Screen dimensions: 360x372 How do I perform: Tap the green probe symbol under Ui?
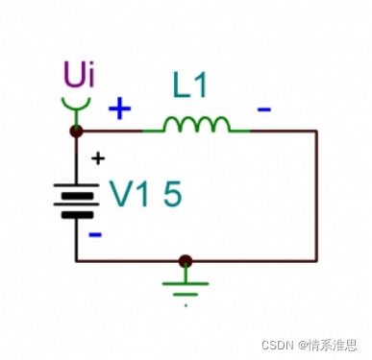coord(77,103)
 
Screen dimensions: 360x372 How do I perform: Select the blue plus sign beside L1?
coord(119,108)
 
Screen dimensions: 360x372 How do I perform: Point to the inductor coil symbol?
coord(196,125)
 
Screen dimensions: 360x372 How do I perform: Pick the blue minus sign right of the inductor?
coord(262,109)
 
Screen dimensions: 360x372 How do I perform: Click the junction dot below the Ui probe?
coord(77,131)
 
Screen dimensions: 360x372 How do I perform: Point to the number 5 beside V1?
coord(172,194)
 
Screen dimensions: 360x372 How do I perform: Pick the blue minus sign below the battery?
coord(94,233)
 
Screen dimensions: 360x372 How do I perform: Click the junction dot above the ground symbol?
coord(186,260)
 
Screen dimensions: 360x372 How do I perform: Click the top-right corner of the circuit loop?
coord(316,131)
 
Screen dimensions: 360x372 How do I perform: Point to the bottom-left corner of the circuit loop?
coord(77,260)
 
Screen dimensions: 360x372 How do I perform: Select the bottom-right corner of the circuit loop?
coord(316,260)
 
